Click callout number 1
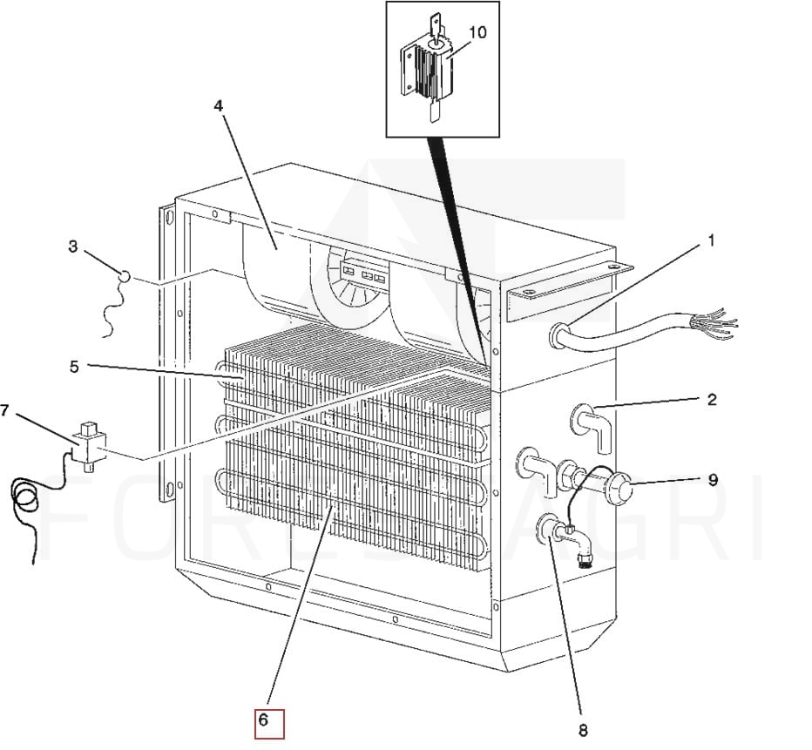(x=710, y=240)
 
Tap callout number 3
(x=72, y=247)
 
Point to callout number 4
(x=218, y=105)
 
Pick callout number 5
(x=74, y=367)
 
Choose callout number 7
(x=6, y=410)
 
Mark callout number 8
(x=583, y=729)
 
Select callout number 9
(x=712, y=479)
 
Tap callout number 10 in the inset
(x=477, y=33)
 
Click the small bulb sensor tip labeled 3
(x=124, y=276)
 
